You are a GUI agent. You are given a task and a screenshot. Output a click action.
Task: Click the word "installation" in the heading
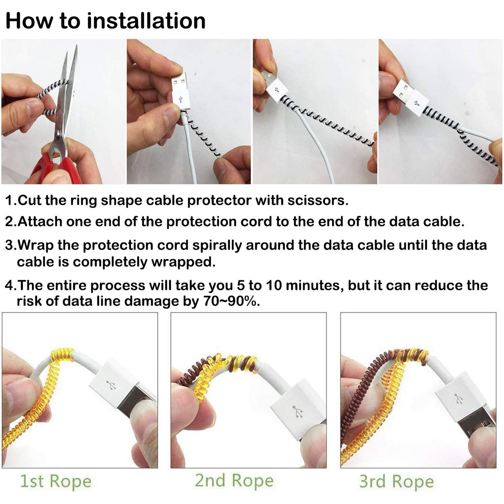(146, 21)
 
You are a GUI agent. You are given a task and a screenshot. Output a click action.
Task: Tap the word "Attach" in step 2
(40, 222)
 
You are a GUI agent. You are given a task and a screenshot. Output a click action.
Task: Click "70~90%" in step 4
(231, 301)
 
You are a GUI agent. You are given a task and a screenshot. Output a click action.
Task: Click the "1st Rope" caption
(55, 481)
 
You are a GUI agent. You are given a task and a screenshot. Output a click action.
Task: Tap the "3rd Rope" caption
(397, 482)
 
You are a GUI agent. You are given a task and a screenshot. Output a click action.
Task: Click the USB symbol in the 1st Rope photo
(112, 385)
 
